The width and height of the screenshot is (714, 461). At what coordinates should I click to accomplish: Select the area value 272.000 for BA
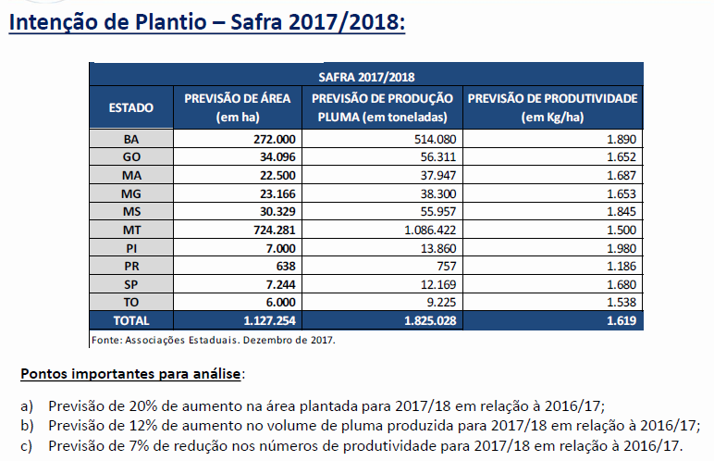pos(273,139)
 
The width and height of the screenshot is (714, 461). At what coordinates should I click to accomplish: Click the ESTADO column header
pos(131,107)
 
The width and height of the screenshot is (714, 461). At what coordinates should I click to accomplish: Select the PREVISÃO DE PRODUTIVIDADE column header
pos(553,107)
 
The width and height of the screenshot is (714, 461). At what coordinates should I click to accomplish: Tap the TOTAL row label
pos(131,320)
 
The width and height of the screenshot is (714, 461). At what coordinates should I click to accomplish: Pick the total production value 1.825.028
pos(425,320)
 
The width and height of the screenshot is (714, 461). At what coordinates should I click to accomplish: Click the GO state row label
pos(131,156)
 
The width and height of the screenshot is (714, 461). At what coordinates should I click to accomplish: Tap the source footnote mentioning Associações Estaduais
pos(213,339)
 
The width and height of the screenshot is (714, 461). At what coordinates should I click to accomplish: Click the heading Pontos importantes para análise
pos(129,374)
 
